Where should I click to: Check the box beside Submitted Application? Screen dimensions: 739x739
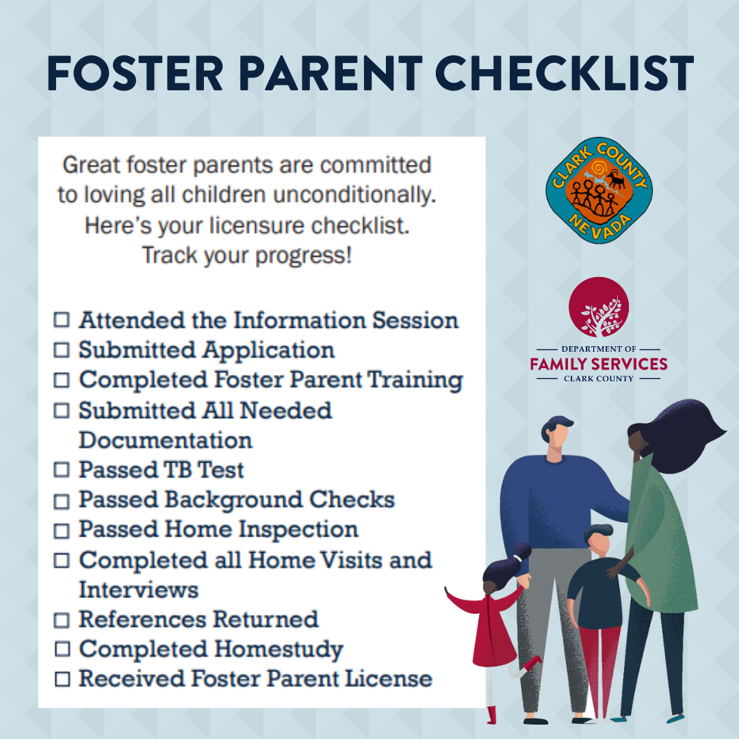(62, 350)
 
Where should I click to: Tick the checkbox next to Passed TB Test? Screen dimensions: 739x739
(62, 469)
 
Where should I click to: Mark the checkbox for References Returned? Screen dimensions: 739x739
(62, 620)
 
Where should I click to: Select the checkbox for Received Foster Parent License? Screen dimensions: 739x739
(62, 679)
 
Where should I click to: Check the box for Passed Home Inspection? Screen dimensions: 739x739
(62, 531)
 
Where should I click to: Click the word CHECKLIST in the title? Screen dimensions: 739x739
(564, 73)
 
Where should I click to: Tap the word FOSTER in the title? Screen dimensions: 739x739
(135, 73)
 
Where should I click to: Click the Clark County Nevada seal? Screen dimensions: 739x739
(599, 190)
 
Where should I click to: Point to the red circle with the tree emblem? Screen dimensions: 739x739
(599, 307)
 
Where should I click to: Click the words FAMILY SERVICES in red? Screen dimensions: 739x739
(599, 364)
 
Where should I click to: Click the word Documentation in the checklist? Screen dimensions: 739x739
(166, 440)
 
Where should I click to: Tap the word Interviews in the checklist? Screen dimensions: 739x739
(138, 590)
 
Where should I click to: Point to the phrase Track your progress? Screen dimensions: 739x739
(247, 255)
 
